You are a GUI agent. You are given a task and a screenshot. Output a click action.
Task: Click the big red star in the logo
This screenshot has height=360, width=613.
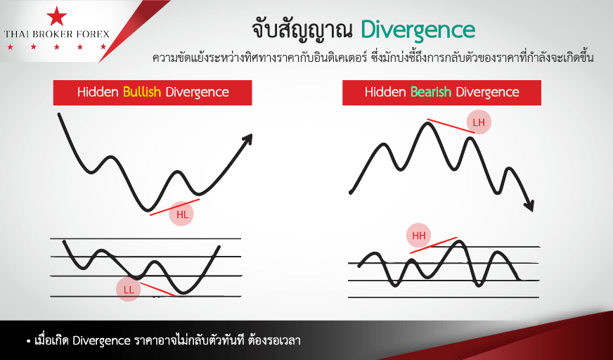pyautogui.click(x=57, y=15)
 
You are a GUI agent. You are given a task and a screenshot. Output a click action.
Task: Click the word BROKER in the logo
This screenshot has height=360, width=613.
pyautogui.click(x=57, y=34)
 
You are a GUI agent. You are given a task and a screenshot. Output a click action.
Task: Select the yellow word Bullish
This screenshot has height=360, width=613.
pyautogui.click(x=142, y=92)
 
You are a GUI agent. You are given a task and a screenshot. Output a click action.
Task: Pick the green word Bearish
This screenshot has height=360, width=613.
pyautogui.click(x=431, y=92)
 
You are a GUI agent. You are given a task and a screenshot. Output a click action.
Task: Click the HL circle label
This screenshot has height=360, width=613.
pyautogui.click(x=181, y=214)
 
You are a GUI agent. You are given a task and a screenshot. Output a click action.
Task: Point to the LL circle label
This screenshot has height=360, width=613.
pyautogui.click(x=128, y=290)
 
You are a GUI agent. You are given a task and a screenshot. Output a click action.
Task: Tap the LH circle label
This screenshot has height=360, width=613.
pyautogui.click(x=479, y=122)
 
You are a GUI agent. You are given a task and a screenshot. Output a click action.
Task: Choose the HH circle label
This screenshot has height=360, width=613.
pyautogui.click(x=419, y=236)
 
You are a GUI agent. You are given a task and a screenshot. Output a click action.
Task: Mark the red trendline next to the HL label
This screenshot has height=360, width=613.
pyautogui.click(x=175, y=207)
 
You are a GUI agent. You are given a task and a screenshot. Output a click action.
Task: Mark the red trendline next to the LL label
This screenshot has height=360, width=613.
pyautogui.click(x=157, y=289)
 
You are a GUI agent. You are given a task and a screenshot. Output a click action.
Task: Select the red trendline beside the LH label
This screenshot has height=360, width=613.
pyautogui.click(x=451, y=126)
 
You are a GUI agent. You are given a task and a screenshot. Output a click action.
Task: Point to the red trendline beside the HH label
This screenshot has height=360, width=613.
pyautogui.click(x=433, y=245)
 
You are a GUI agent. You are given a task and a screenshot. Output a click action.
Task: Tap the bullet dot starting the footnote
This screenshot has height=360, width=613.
pyautogui.click(x=29, y=342)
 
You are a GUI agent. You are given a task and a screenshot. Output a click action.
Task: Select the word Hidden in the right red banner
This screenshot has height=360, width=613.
pyautogui.click(x=385, y=92)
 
